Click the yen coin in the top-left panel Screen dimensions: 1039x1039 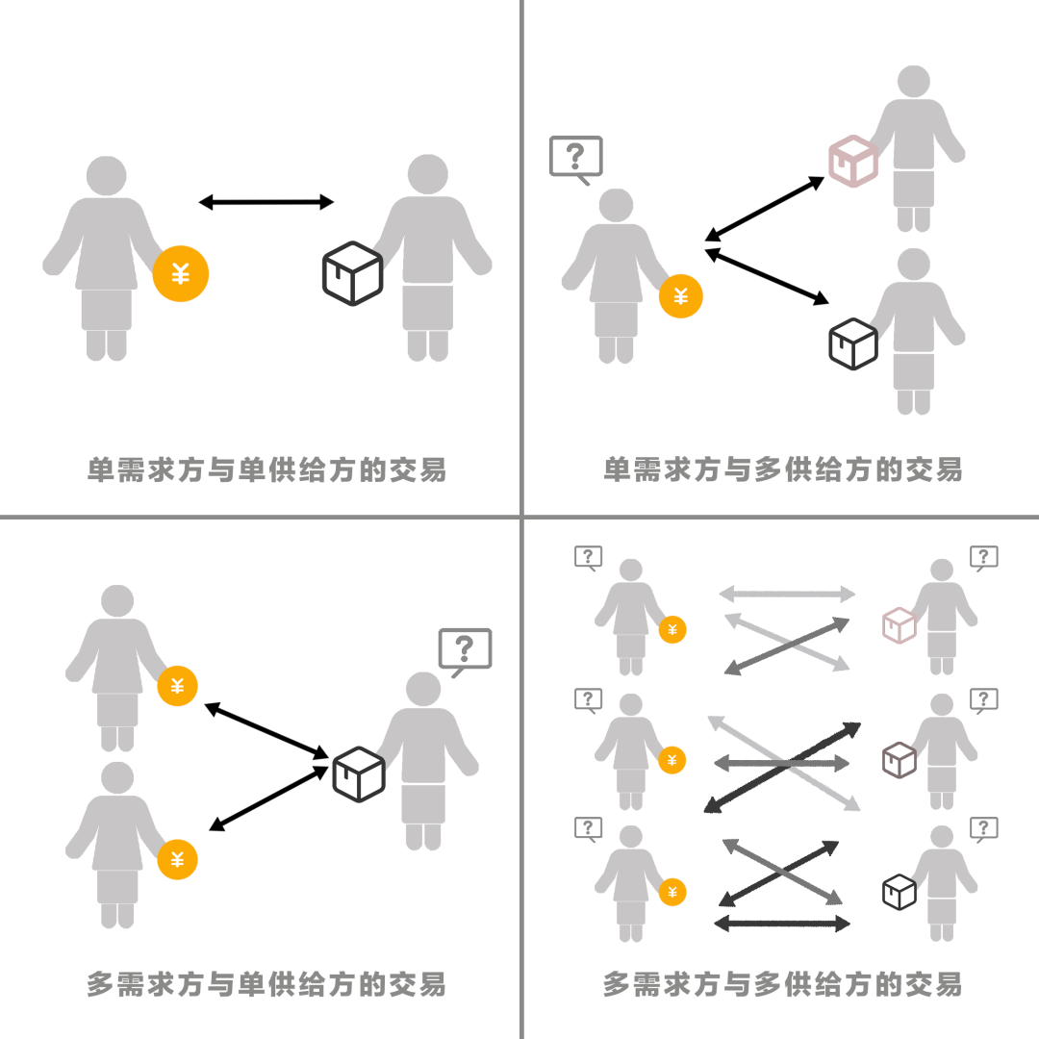tap(180, 273)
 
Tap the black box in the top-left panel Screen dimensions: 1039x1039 tap(352, 273)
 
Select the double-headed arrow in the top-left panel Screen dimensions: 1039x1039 tap(266, 202)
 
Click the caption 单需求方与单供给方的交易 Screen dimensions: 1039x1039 tap(266, 469)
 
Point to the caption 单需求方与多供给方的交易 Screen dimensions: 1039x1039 tap(782, 469)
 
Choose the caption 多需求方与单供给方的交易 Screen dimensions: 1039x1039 tap(266, 984)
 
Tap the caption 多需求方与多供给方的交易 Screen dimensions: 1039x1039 tap(782, 984)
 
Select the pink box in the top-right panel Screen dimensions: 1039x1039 tap(853, 161)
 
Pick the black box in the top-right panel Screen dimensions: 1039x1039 tap(853, 343)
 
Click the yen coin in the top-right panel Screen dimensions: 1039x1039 tap(680, 296)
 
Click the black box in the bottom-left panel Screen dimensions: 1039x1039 tap(359, 773)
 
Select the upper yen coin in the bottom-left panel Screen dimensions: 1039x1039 tap(177, 686)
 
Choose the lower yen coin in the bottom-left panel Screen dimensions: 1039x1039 tap(177, 859)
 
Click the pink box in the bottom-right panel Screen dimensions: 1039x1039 tap(900, 625)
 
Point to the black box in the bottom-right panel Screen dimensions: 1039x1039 tap(900, 892)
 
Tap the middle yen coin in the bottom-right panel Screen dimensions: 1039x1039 tap(672, 760)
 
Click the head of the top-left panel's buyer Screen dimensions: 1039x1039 tap(107, 176)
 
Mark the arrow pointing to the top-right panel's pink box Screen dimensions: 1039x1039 tap(764, 210)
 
